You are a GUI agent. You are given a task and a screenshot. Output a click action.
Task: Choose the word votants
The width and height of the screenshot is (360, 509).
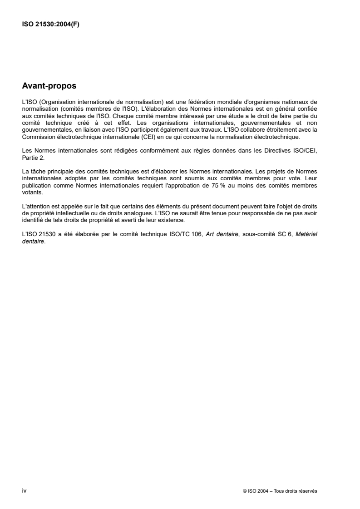(32, 192)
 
